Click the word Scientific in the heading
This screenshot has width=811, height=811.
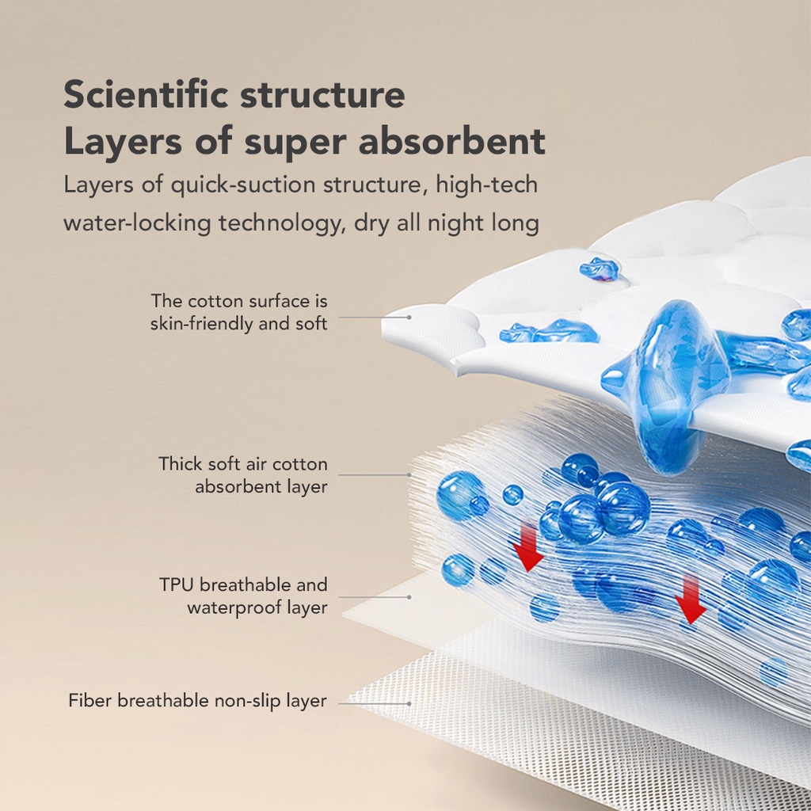click(x=146, y=94)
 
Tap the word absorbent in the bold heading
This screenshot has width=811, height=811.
click(x=452, y=141)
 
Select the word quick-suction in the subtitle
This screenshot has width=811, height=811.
click(x=243, y=185)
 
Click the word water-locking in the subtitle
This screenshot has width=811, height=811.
click(x=137, y=223)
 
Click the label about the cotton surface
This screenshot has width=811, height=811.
click(x=239, y=312)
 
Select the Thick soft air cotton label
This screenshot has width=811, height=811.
click(x=242, y=475)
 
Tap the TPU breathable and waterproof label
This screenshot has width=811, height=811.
click(x=244, y=596)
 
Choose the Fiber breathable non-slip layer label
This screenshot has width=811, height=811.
click(x=197, y=701)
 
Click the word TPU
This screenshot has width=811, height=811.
click(x=177, y=585)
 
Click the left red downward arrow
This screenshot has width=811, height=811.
click(x=527, y=548)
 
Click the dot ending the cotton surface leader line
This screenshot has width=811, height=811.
click(x=409, y=318)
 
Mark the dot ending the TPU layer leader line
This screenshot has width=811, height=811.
click(x=409, y=597)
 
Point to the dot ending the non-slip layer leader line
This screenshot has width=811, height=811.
click(x=409, y=704)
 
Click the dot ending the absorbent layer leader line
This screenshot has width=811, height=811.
click(x=409, y=475)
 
